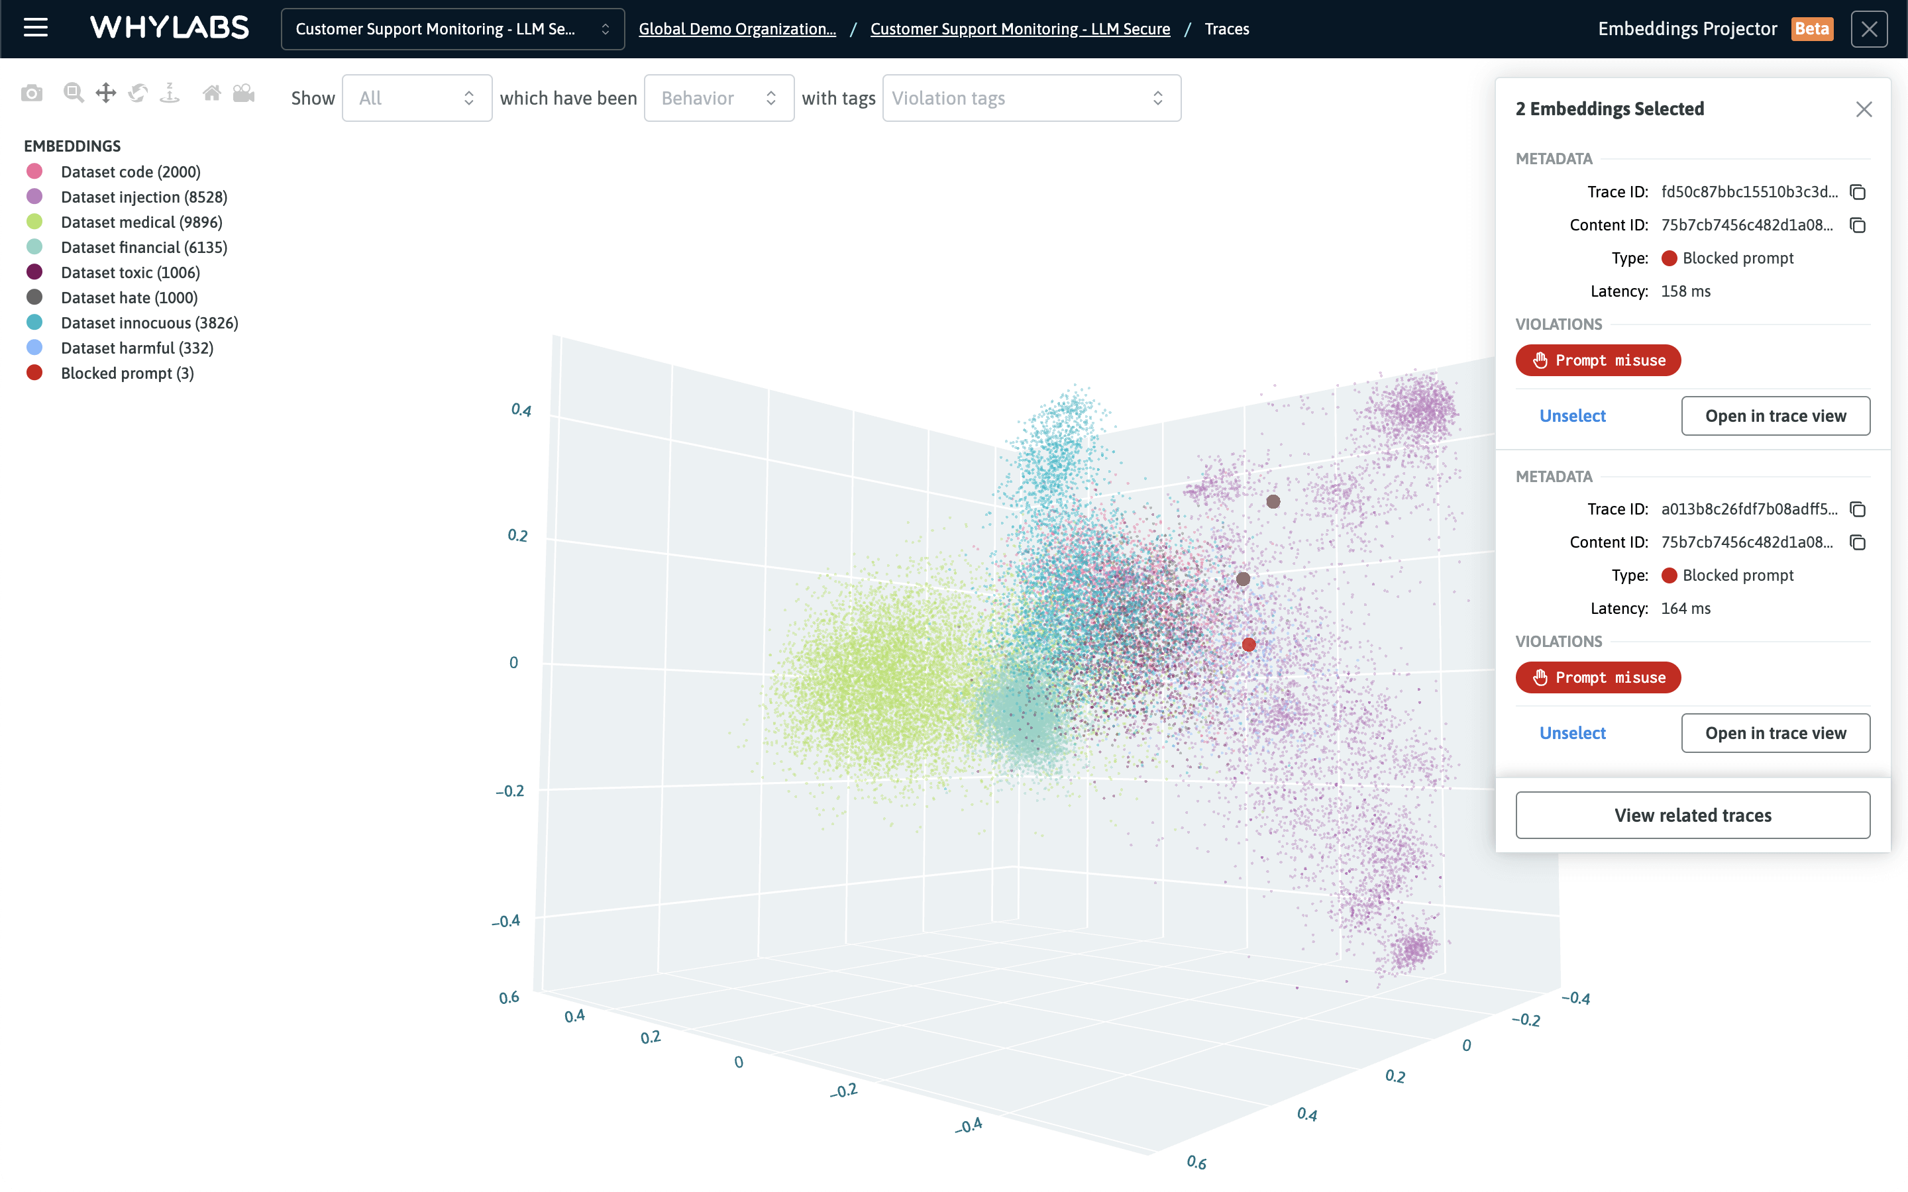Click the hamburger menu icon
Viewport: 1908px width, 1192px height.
coord(36,28)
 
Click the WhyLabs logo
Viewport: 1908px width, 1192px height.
coord(170,28)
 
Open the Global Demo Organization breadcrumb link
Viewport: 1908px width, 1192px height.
coord(737,29)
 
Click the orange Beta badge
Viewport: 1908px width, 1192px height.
coord(1811,29)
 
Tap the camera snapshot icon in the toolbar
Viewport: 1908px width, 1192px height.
coord(32,94)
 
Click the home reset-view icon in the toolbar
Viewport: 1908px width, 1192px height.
coord(211,94)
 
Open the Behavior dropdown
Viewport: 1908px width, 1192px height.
coord(718,98)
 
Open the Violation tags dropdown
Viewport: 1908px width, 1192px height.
coord(1030,98)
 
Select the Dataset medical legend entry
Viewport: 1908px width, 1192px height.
coord(141,223)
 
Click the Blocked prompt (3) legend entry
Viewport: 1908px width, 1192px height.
coord(127,373)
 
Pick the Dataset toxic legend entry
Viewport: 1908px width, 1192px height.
coord(130,273)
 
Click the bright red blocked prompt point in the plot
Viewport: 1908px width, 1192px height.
coord(1249,645)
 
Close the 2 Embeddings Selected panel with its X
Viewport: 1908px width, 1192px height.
coord(1863,109)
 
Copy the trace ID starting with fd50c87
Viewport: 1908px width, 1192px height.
coord(1858,192)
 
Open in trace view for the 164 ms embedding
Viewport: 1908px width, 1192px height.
coord(1775,733)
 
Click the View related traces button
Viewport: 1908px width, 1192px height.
coord(1692,815)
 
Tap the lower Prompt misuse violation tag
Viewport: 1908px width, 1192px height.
coord(1597,677)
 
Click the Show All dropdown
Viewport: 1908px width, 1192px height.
coord(416,98)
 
